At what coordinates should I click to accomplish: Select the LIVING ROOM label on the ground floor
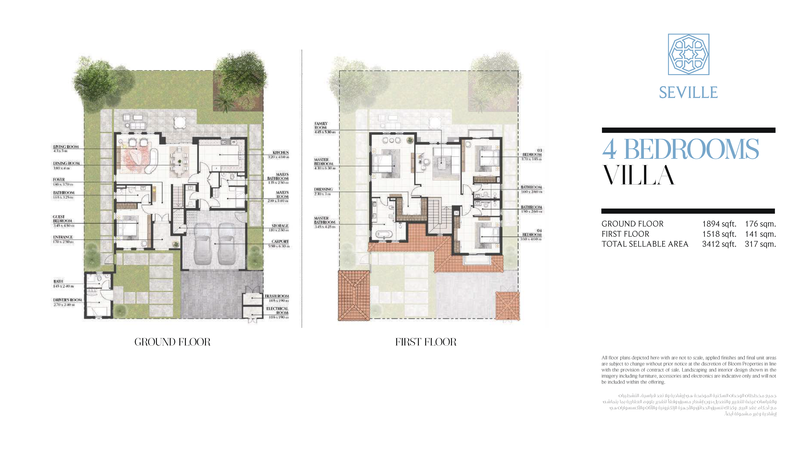[66, 147]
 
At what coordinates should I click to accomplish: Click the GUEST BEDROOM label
[62, 219]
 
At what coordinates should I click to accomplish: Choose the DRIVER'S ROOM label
[67, 300]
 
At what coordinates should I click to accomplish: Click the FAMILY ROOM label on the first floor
[321, 126]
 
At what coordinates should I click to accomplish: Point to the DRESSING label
[323, 189]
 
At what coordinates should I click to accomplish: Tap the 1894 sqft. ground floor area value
[719, 224]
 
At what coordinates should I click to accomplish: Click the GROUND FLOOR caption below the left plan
[172, 342]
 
